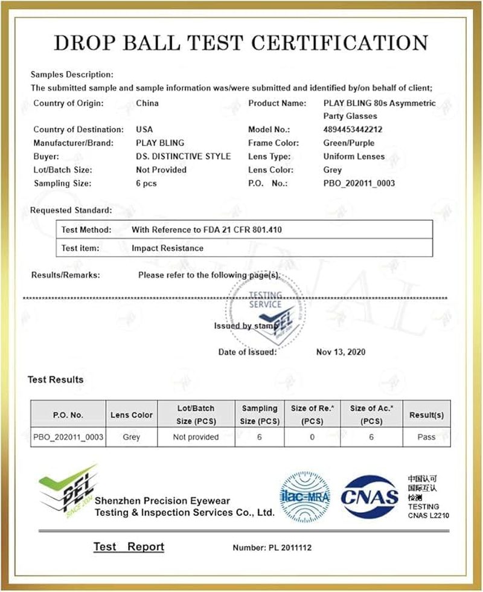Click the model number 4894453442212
(x=353, y=129)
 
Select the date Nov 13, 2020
(x=341, y=352)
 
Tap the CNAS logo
(x=370, y=497)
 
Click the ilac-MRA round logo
(x=305, y=497)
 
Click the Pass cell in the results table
(x=426, y=437)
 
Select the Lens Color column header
(x=132, y=415)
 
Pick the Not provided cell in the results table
(x=196, y=437)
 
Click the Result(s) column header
(x=426, y=415)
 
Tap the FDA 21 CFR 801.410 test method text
(x=207, y=230)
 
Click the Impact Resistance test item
(x=167, y=248)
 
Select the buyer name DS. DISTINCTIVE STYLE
(x=184, y=156)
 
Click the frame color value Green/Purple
(x=349, y=143)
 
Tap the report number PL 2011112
(x=272, y=548)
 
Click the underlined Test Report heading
(x=129, y=547)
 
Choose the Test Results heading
(x=56, y=380)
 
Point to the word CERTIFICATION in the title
(x=339, y=43)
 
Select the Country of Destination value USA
(x=145, y=129)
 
